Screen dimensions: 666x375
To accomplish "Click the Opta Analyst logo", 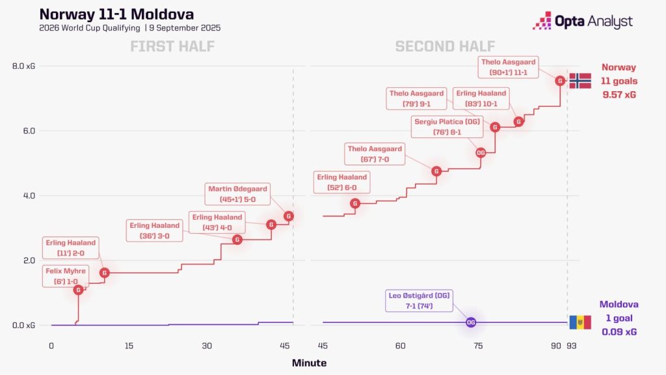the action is tap(582, 21).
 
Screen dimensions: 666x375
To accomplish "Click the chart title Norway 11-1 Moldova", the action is tap(116, 14).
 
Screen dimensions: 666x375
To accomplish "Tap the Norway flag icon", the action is tap(580, 81).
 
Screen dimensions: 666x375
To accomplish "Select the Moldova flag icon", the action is tap(580, 322).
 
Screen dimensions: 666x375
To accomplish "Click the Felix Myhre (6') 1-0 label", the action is tap(66, 276).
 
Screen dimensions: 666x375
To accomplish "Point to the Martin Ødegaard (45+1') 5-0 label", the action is tap(237, 194).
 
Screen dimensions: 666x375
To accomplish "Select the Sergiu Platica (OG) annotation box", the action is tap(447, 127).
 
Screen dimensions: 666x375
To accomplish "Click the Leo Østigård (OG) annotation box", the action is tap(419, 301).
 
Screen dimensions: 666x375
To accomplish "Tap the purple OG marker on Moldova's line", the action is tap(471, 322).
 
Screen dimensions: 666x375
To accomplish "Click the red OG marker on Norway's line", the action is tap(481, 152).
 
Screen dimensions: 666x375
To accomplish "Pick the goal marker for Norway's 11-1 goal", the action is tap(560, 81).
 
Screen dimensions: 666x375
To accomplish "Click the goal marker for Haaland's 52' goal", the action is tap(355, 204).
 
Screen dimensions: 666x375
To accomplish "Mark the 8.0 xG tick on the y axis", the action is tap(24, 66).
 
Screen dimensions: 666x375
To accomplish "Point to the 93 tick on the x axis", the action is tap(572, 346).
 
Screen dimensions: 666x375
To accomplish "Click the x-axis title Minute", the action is tap(309, 363).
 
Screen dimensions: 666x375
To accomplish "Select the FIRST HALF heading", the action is tap(172, 46).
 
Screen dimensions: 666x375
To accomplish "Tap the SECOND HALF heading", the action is tap(445, 46).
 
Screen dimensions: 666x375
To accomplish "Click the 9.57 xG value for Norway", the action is tap(619, 94).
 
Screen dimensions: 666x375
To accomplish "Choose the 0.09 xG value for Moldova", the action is tap(619, 331).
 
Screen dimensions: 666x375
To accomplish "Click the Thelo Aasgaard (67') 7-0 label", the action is tap(375, 154).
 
